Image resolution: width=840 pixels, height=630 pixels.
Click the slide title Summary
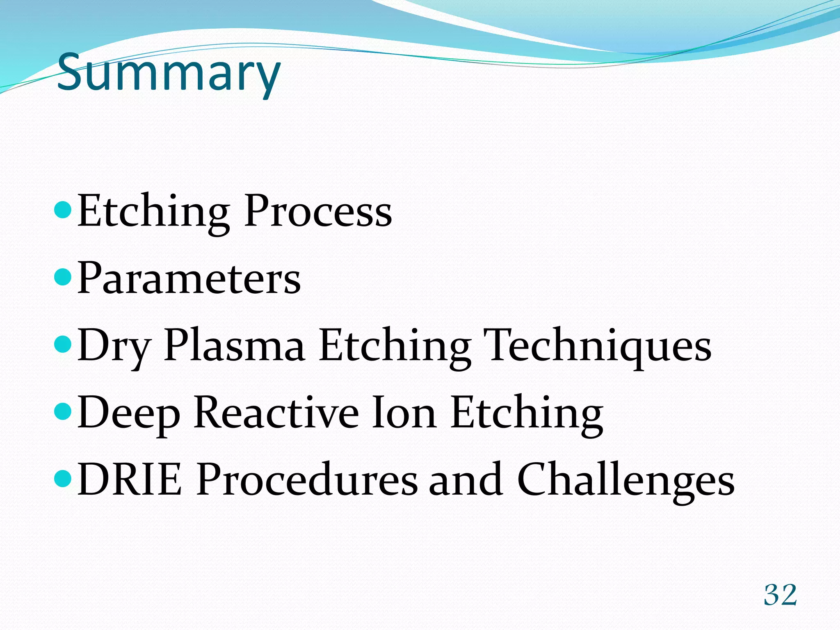169,73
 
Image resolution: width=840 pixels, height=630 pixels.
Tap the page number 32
780,595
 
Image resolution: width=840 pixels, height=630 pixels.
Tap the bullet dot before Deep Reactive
63,411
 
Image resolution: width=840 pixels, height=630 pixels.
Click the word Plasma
234,347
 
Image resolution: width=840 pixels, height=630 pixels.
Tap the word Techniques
597,347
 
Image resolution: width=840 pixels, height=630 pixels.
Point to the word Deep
128,414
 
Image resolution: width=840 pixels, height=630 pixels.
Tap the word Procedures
307,479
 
